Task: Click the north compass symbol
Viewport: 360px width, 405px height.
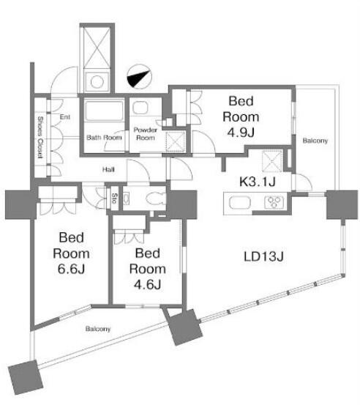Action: (x=139, y=77)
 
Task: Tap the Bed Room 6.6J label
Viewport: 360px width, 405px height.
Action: (x=71, y=253)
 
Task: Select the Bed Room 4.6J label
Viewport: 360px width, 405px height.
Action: (x=148, y=269)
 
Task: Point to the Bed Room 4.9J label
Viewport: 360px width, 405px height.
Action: (x=241, y=116)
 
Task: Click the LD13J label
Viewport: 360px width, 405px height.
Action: (x=263, y=256)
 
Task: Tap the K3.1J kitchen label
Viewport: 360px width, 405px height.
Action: (x=258, y=182)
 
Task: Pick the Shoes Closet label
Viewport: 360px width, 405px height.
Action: (x=40, y=137)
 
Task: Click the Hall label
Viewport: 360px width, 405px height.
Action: (x=108, y=170)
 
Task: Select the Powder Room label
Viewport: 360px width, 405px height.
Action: (x=146, y=134)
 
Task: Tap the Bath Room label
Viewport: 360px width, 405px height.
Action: (x=104, y=138)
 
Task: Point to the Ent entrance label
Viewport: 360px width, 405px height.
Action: (x=65, y=117)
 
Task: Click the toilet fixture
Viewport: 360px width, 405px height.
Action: (x=156, y=198)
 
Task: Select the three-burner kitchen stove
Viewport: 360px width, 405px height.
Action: (x=274, y=202)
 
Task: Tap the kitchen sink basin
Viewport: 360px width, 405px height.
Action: (x=240, y=202)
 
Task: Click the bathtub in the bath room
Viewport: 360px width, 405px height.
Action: (x=104, y=111)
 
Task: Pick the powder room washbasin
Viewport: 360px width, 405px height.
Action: (x=140, y=108)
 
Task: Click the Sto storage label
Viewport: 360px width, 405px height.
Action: (x=115, y=198)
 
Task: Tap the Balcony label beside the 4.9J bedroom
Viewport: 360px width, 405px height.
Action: (x=315, y=141)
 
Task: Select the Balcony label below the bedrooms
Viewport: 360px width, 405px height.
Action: (x=98, y=329)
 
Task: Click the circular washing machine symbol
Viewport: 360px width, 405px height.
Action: (x=97, y=82)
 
